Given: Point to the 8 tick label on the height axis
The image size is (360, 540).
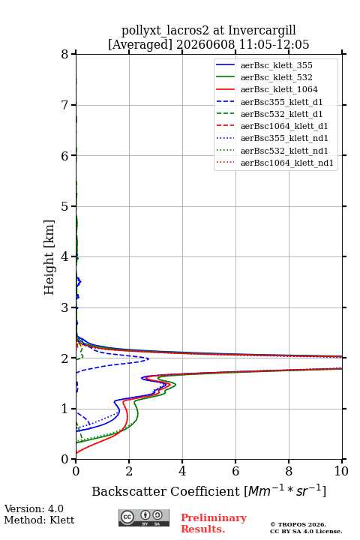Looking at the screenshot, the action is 65,55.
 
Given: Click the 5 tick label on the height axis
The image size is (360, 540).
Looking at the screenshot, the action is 65,206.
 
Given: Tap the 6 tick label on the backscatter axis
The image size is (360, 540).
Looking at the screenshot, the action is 235,471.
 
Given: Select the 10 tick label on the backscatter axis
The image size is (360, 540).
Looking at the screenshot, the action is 341,471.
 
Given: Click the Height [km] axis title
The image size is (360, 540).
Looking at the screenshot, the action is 49,257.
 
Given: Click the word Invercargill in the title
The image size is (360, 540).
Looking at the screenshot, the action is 262,30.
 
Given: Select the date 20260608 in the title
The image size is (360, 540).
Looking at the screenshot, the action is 205,44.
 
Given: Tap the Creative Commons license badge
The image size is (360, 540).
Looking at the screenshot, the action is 144,517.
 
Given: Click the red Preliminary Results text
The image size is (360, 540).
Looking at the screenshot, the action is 214,523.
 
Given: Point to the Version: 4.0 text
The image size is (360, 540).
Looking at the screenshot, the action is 34,508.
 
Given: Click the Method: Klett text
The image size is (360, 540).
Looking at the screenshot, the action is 39,520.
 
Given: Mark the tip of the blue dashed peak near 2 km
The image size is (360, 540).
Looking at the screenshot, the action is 148,358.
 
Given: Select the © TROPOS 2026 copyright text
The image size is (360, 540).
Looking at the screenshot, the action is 298,524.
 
